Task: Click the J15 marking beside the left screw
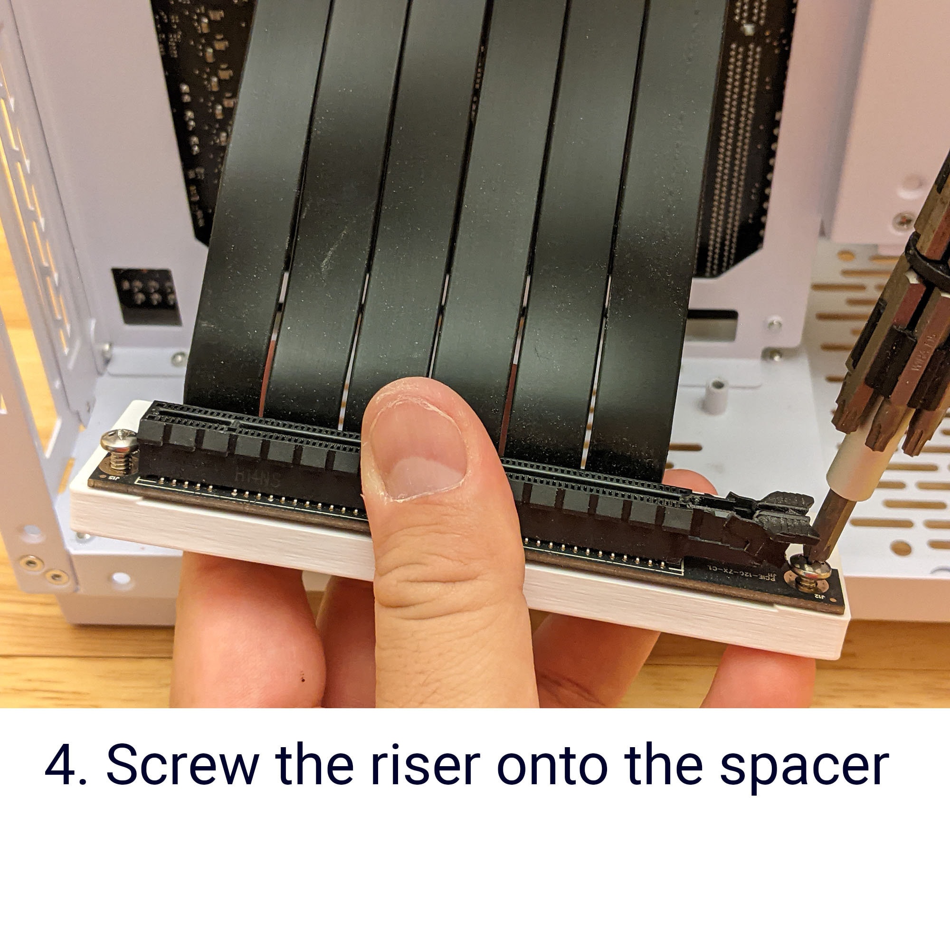pos(114,478)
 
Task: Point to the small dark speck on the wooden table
pos(303,680)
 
